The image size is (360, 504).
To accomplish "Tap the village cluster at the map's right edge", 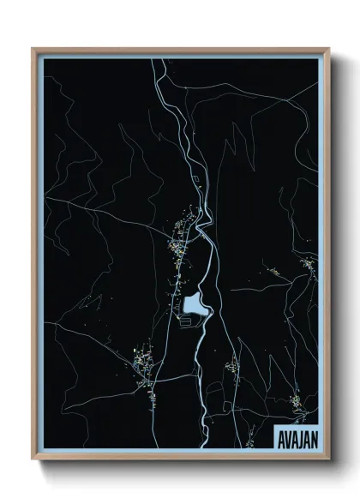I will tap(308, 265).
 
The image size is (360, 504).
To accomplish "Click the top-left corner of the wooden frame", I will tap(33, 49).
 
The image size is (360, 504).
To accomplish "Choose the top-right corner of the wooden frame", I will tap(328, 49).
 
